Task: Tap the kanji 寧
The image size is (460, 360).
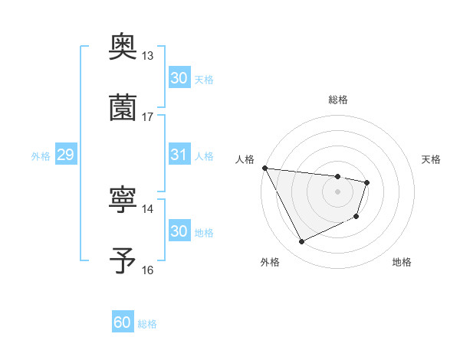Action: click(123, 200)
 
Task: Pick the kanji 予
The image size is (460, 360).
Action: click(123, 260)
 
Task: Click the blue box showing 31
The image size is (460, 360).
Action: click(179, 155)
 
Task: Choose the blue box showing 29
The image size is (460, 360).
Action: click(65, 155)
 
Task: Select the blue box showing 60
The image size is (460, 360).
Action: click(123, 323)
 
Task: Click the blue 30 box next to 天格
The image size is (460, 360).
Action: click(179, 78)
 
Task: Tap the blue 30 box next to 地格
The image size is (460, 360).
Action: click(179, 231)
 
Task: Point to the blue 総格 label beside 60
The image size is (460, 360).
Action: click(148, 324)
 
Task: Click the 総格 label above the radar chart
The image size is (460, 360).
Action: click(338, 100)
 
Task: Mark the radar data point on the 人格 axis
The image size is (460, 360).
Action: click(264, 168)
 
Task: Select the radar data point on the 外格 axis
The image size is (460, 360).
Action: click(301, 242)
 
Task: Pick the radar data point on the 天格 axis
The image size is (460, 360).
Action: click(367, 182)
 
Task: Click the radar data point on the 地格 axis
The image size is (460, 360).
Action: click(356, 218)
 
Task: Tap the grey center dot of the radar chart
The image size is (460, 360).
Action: click(338, 191)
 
